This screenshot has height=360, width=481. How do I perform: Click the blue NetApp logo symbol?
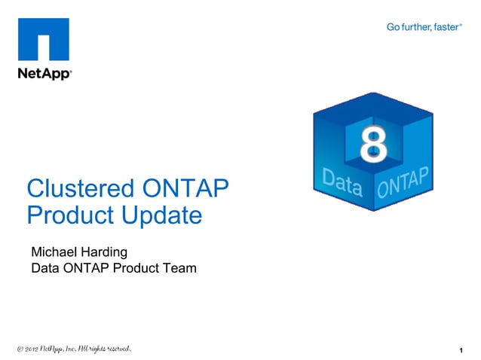(x=44, y=41)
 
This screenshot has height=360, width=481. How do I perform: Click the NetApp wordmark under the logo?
(x=44, y=74)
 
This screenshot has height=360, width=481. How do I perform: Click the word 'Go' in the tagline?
(x=394, y=27)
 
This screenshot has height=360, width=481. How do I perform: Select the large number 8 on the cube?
(x=372, y=146)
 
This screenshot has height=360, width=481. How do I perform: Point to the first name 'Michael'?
(x=56, y=251)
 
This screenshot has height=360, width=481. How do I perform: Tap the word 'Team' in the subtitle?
(x=179, y=267)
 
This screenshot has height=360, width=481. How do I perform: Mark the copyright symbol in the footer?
(x=20, y=349)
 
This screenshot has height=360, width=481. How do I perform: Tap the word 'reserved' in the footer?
(x=116, y=349)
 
